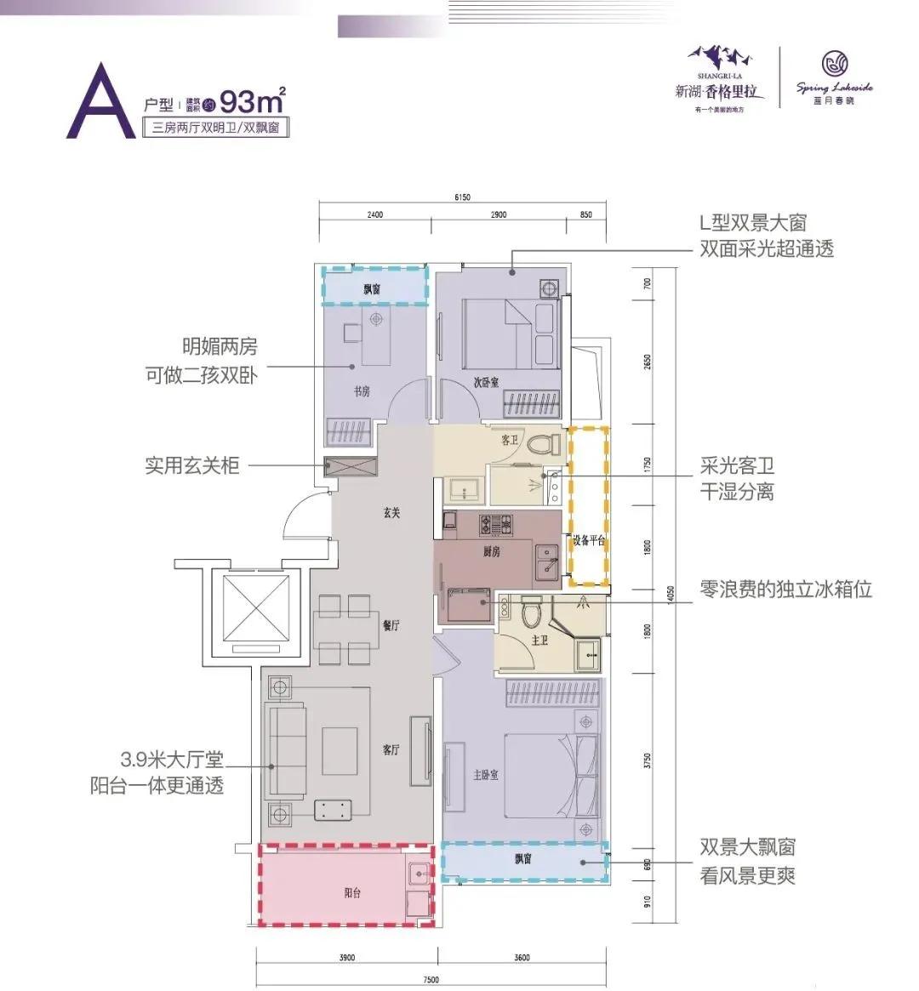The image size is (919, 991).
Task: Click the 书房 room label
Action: [x=362, y=392]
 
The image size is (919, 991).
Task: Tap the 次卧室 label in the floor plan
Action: [x=486, y=384]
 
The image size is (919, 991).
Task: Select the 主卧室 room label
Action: [x=485, y=775]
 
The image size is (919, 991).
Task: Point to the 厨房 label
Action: [x=491, y=551]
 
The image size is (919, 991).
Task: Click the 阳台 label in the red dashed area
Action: [x=352, y=893]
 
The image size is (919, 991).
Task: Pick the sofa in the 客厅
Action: [x=286, y=749]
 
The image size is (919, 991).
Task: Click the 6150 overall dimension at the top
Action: [x=462, y=197]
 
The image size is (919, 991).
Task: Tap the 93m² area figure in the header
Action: [x=252, y=101]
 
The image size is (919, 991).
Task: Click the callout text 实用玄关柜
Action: [x=191, y=465]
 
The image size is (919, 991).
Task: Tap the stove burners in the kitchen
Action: [x=492, y=523]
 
